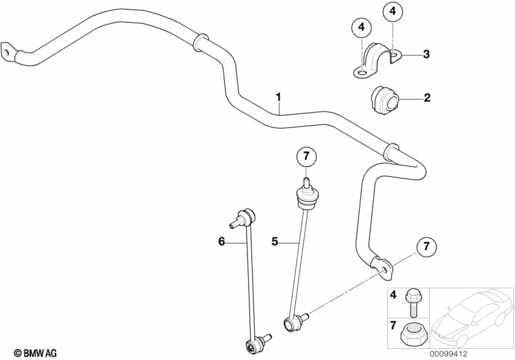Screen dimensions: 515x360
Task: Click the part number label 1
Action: click(278, 97)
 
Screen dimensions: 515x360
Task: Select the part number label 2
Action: click(427, 97)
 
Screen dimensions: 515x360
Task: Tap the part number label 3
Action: click(426, 54)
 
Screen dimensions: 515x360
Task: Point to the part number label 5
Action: click(275, 242)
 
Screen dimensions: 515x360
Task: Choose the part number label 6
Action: click(222, 242)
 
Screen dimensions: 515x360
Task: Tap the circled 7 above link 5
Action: click(306, 156)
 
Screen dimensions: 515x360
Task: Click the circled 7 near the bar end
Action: click(426, 246)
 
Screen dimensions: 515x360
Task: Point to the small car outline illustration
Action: click(472, 317)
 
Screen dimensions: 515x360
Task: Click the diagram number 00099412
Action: click(449, 354)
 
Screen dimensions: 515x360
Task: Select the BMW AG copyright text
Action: click(35, 353)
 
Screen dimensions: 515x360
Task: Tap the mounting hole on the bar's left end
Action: click(6, 52)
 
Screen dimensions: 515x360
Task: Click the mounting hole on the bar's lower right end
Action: click(384, 270)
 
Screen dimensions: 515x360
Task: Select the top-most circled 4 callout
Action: click(393, 12)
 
